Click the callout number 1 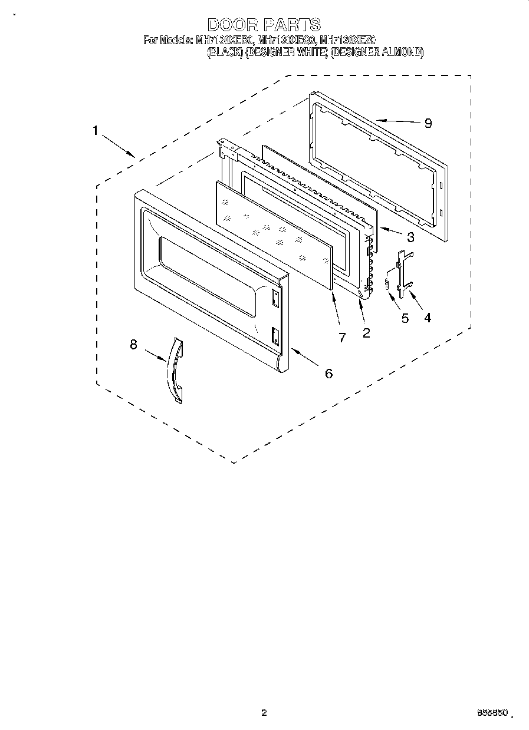pos(95,131)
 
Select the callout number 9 pos(428,123)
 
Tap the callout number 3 pos(410,237)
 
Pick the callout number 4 pos(427,318)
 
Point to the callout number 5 pos(405,318)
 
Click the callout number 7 pos(342,337)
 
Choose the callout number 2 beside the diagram pos(366,333)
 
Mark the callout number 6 pos(328,372)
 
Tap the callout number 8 pos(133,345)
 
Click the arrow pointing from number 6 pos(303,356)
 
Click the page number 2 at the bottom pos(264,713)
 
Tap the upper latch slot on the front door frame pos(275,298)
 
